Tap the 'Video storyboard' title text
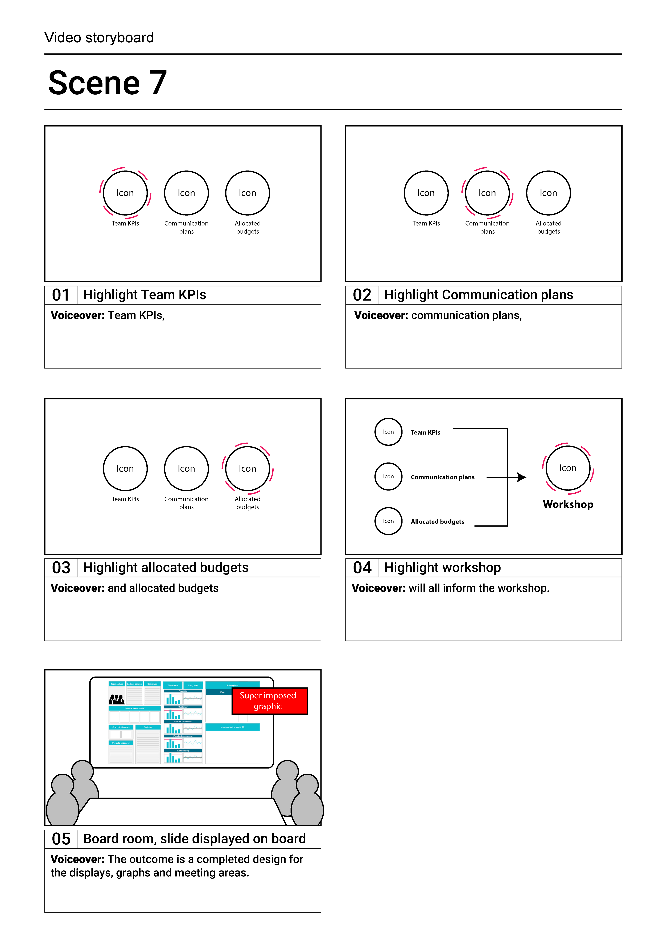(x=99, y=37)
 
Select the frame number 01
(x=61, y=295)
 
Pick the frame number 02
(x=362, y=295)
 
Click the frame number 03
(x=61, y=568)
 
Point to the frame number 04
(x=362, y=568)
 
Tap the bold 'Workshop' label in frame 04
(x=568, y=504)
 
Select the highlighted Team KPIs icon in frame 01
(x=125, y=193)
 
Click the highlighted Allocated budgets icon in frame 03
(x=247, y=469)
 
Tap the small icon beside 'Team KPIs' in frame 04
(x=388, y=432)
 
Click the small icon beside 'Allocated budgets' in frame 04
(x=388, y=521)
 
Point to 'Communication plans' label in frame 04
(x=443, y=477)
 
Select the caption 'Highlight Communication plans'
(x=478, y=295)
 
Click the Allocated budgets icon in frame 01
(x=247, y=193)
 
